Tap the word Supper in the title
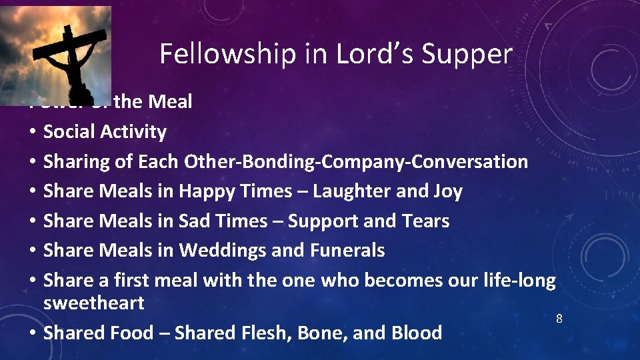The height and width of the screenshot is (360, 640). pos(473,54)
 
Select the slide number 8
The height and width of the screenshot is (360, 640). pos(559,319)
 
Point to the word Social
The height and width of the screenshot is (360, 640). pos(69,131)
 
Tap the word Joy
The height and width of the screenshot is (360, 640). pos(447,191)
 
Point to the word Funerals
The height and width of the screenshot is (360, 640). pos(347,250)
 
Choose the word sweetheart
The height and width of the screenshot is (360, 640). pos(93,303)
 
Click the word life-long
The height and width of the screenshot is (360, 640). pos(519,280)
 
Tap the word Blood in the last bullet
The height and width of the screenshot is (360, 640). pos(417,332)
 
